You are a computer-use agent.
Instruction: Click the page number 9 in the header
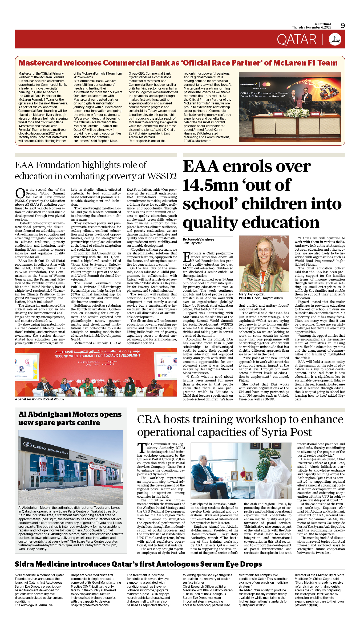tap(343, 26)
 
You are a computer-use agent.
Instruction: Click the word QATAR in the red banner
tap(297, 40)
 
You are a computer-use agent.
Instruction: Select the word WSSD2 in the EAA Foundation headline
tap(162, 176)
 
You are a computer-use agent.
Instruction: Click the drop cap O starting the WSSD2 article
tap(20, 193)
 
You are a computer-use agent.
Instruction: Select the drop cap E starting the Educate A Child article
tap(187, 257)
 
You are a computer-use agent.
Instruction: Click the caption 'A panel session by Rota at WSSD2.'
tap(40, 399)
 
